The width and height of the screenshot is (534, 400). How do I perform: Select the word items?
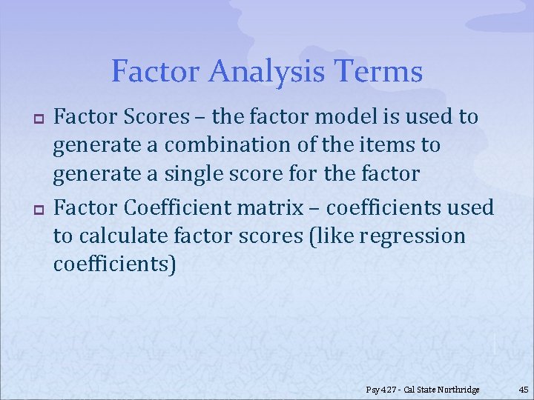[383, 144]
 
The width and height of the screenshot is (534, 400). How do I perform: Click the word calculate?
[122, 237]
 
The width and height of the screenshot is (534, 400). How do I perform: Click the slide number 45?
[523, 390]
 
